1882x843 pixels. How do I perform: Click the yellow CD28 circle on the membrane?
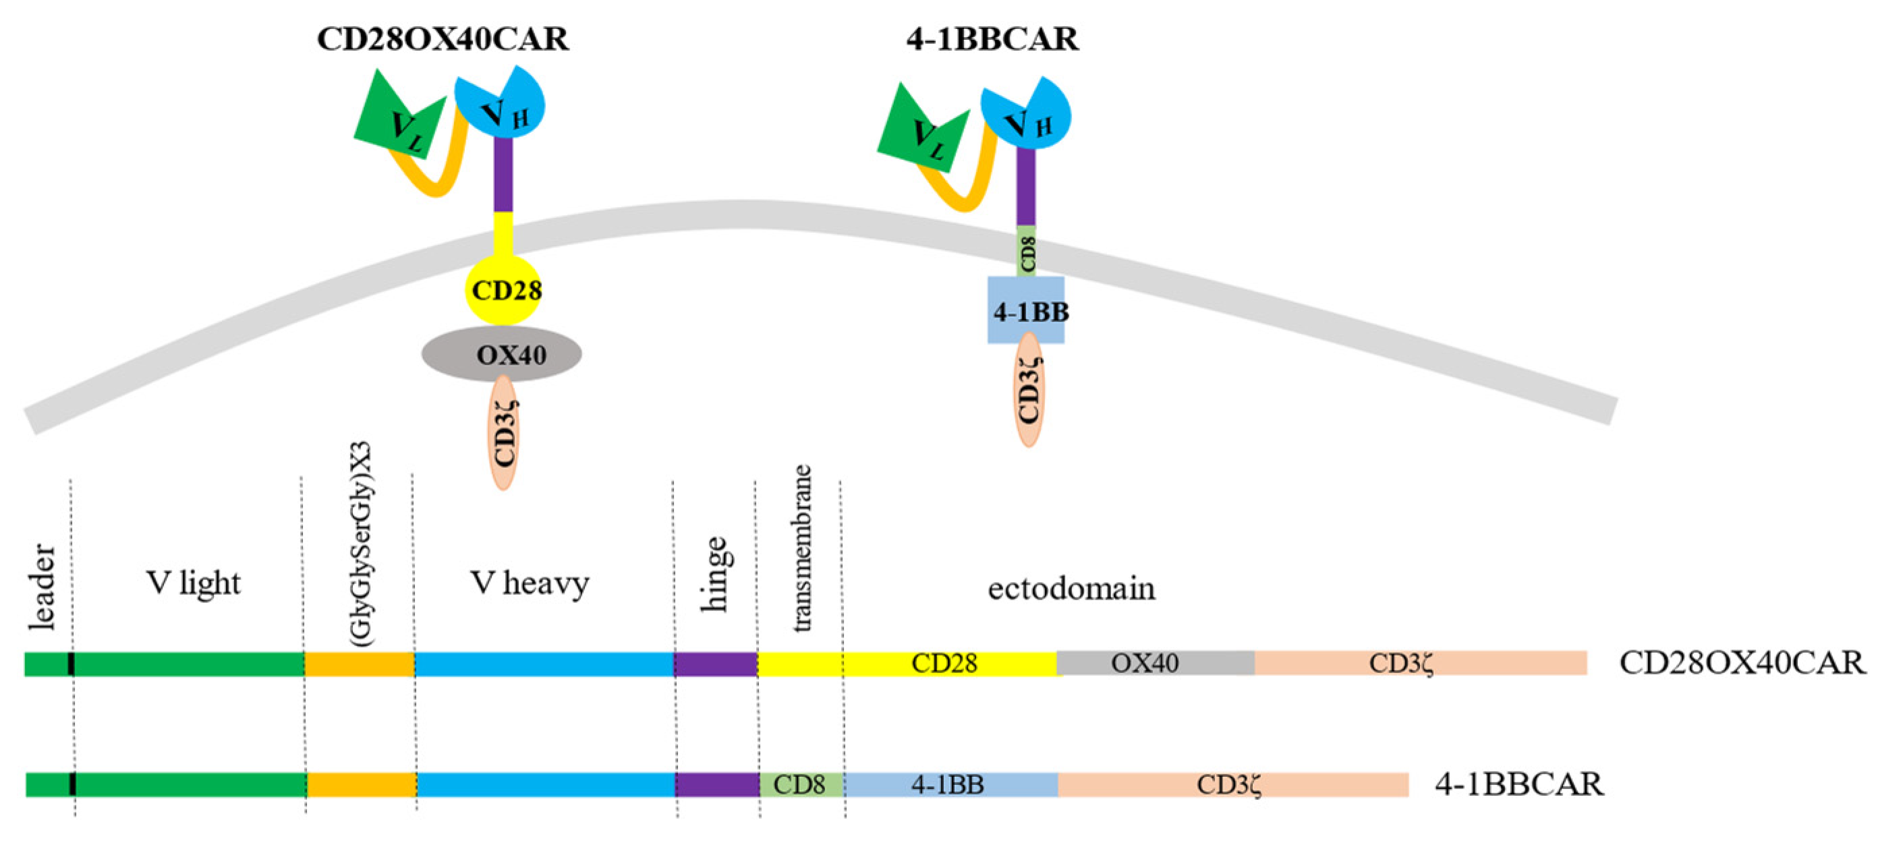click(504, 290)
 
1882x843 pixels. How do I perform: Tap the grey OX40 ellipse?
click(502, 354)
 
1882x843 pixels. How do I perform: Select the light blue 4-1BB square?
click(1027, 310)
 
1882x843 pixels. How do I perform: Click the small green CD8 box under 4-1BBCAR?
click(1027, 252)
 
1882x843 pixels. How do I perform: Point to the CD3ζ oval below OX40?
click(504, 433)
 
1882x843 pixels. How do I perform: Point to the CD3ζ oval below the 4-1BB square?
click(1029, 389)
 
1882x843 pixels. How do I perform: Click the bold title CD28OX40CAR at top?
click(443, 38)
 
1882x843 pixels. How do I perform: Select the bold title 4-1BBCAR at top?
click(992, 38)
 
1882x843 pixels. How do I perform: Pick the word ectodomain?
click(1071, 589)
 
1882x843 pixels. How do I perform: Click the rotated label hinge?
click(714, 574)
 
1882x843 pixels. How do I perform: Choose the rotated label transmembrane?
click(801, 548)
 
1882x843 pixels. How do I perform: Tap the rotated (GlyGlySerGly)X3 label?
click(361, 544)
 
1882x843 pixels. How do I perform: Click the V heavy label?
click(530, 583)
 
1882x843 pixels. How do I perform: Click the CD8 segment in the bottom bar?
click(801, 784)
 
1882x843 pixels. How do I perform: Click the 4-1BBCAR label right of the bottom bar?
click(1519, 784)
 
